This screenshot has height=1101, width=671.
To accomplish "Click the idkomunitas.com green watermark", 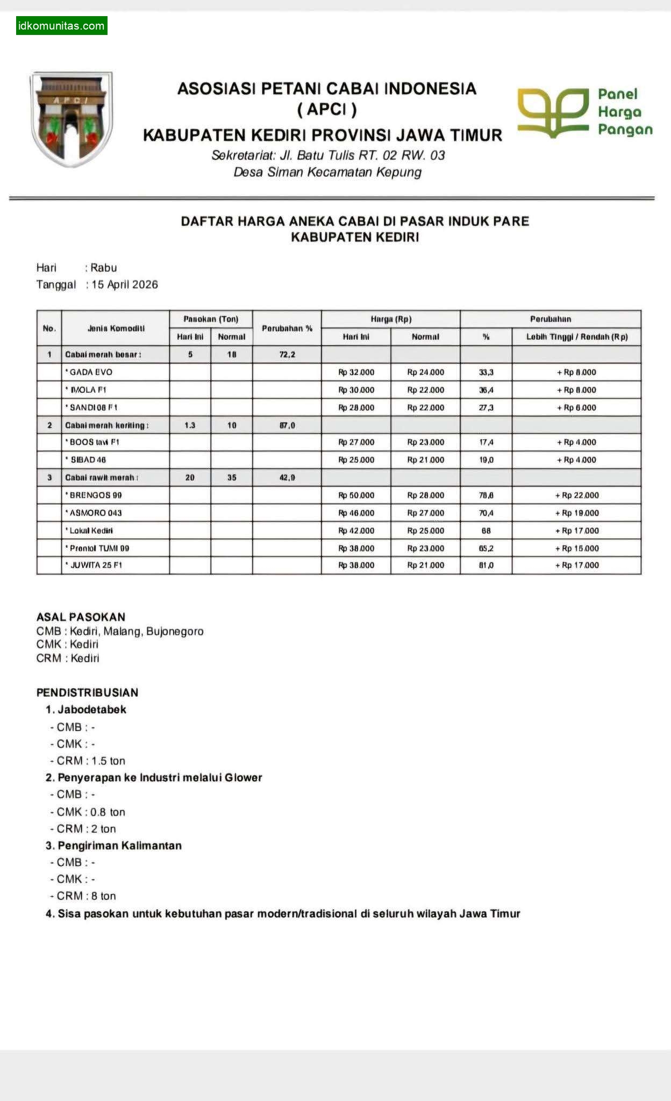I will click(61, 26).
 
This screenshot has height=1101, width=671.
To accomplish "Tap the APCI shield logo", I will click(72, 118).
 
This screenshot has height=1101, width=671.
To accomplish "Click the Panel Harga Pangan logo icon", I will click(553, 112).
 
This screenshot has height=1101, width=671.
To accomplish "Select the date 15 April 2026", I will click(125, 284).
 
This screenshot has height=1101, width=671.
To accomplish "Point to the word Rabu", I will click(103, 268).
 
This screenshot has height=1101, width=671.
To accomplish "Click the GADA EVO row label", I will click(90, 372).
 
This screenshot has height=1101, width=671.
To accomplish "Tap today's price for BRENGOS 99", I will click(356, 495).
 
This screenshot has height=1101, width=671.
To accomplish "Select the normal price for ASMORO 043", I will click(425, 513).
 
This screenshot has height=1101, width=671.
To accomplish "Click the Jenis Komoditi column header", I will click(116, 328).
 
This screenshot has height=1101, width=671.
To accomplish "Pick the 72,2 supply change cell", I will click(287, 355).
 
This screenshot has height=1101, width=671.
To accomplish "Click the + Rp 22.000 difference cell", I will click(576, 495).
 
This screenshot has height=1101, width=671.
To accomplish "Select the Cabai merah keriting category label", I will click(106, 425).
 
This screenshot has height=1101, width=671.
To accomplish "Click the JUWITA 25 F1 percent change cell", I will click(486, 566).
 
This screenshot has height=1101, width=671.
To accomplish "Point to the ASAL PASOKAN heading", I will click(81, 617).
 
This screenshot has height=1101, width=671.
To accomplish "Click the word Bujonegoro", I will click(175, 631).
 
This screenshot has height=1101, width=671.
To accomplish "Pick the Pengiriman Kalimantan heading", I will click(119, 846).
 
